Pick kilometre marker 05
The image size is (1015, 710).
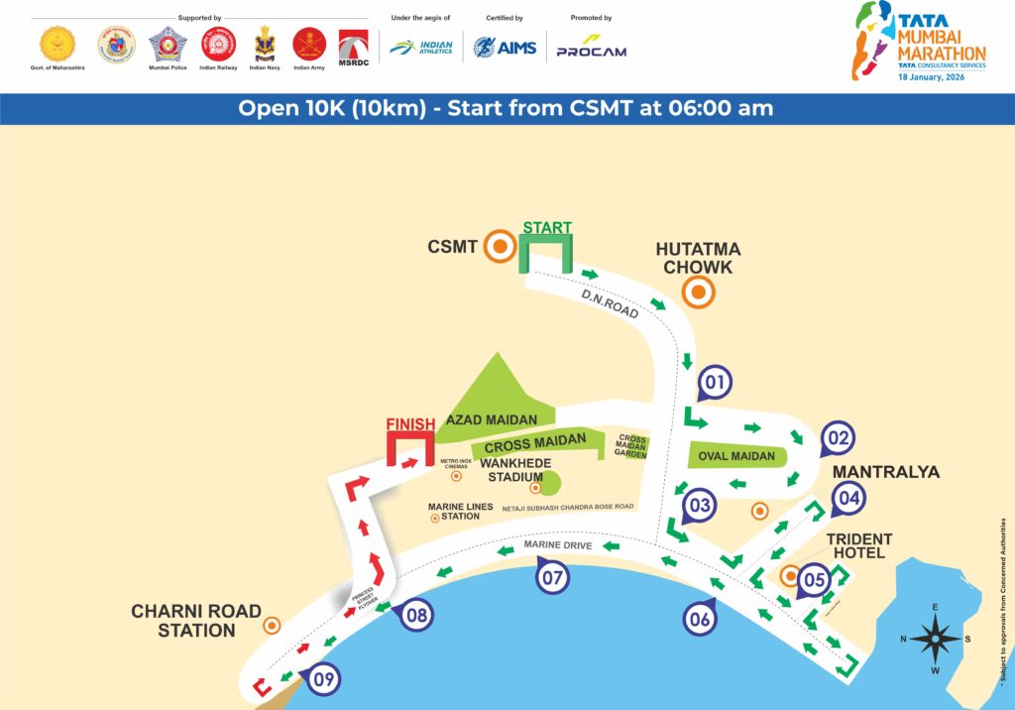813,579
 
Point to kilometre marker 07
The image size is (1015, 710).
553,575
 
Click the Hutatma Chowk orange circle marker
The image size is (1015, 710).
699,292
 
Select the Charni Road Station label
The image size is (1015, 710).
196,621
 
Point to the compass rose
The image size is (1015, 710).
936,639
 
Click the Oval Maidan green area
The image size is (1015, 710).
737,457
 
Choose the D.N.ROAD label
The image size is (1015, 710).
610,302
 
